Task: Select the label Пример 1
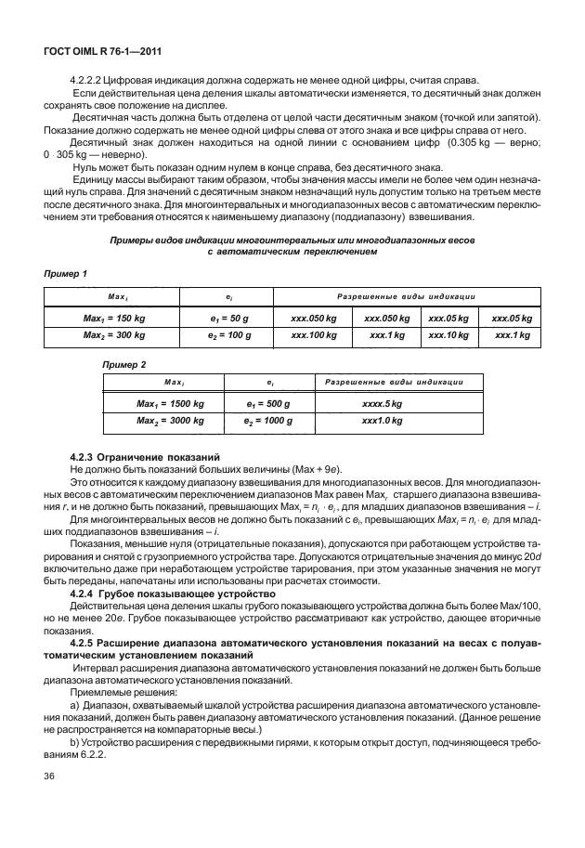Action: point(66,274)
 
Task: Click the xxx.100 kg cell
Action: point(313,334)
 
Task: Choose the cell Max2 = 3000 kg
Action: point(170,421)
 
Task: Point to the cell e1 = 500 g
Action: point(267,405)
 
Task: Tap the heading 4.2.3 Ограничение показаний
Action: point(144,457)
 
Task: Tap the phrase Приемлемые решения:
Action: point(116,692)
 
